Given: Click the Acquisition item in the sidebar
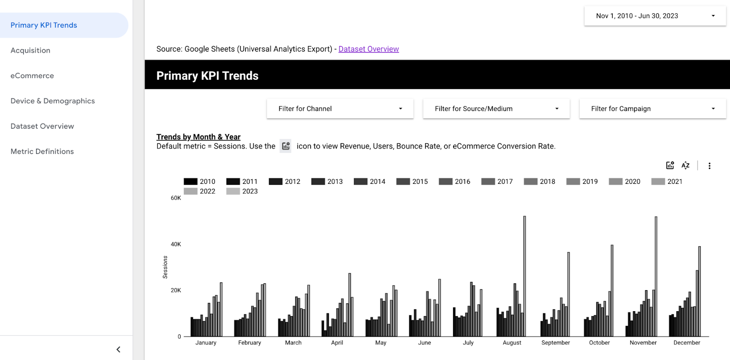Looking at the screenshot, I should pyautogui.click(x=31, y=50).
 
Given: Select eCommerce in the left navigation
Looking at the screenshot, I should pyautogui.click(x=32, y=76).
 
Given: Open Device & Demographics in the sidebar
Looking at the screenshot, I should pyautogui.click(x=53, y=101).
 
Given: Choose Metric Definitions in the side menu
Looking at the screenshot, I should pyautogui.click(x=42, y=151).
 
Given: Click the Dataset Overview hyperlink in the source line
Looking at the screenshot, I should pyautogui.click(x=369, y=49).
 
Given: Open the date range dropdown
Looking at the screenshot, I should pyautogui.click(x=655, y=16).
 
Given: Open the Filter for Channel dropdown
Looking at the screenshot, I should pyautogui.click(x=340, y=109).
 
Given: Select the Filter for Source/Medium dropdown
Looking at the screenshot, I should pyautogui.click(x=496, y=109).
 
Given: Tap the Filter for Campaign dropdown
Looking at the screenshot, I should pyautogui.click(x=652, y=109).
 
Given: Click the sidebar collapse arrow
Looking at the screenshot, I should pyautogui.click(x=118, y=350).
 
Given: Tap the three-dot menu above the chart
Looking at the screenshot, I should pyautogui.click(x=709, y=166).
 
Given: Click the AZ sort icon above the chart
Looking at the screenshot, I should pyautogui.click(x=685, y=166).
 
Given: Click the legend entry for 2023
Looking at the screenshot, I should pyautogui.click(x=242, y=191).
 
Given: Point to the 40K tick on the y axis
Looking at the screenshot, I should pyautogui.click(x=176, y=244).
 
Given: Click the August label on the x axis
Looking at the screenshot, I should pyautogui.click(x=512, y=343).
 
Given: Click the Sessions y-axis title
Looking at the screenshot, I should pyautogui.click(x=165, y=267).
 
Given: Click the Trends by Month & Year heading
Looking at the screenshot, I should pyautogui.click(x=198, y=137).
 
